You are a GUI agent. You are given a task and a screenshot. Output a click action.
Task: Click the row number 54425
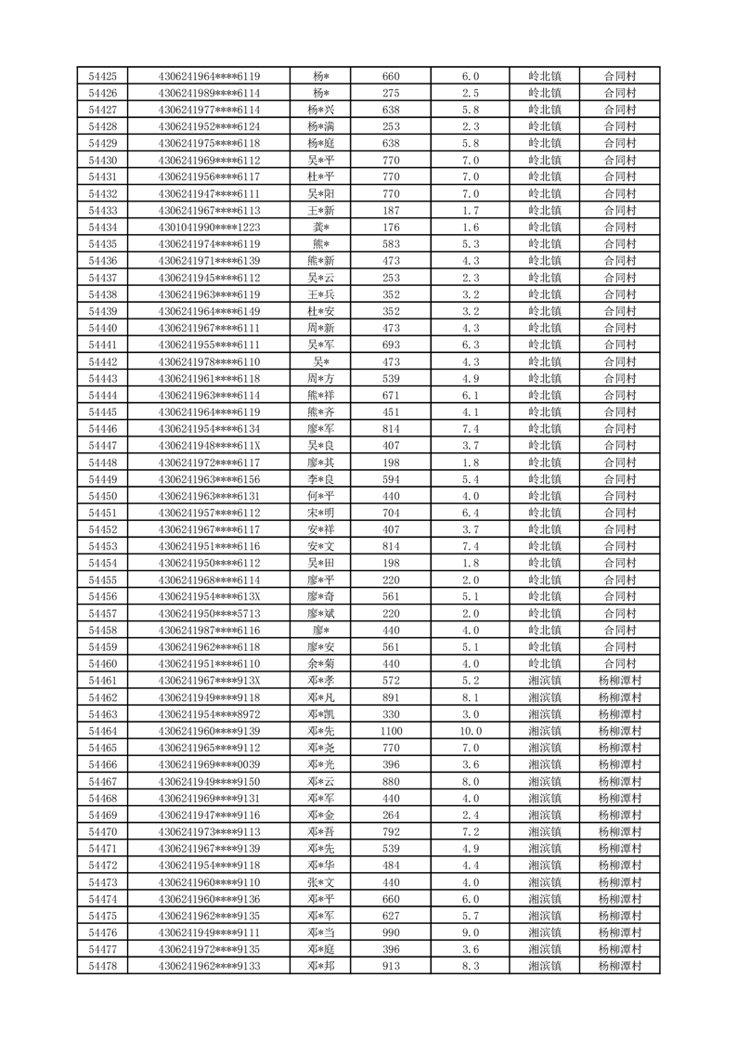tap(102, 76)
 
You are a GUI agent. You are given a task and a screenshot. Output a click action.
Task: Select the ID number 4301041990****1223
tap(209, 228)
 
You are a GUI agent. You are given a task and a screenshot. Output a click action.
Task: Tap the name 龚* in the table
tap(321, 228)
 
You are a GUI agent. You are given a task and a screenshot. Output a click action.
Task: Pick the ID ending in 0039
tap(209, 764)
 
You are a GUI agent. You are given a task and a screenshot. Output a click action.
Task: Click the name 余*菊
tap(321, 664)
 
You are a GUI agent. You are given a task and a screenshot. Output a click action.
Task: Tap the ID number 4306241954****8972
tap(209, 714)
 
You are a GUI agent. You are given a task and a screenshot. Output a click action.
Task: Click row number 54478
tap(102, 966)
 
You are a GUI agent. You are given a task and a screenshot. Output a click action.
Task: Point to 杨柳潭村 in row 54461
tap(619, 681)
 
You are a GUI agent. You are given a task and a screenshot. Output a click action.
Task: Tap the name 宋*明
tap(321, 513)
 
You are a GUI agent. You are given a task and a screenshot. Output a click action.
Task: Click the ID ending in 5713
tap(209, 614)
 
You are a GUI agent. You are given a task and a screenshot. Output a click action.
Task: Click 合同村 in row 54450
tap(619, 496)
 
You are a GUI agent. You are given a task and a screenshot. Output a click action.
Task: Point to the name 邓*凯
tap(321, 714)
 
